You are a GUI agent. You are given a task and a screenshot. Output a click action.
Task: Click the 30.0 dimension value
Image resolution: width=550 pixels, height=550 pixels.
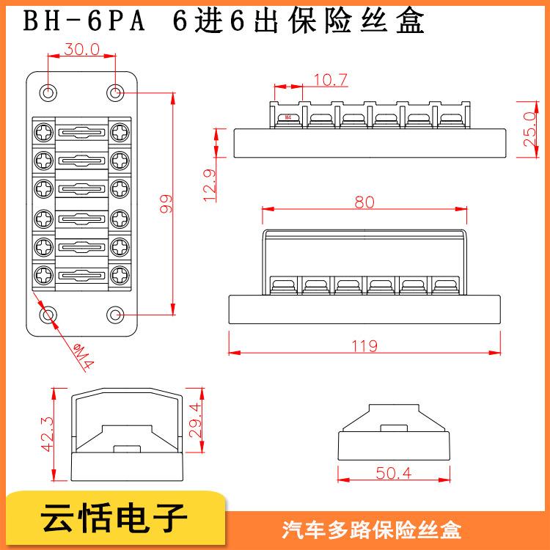click(x=81, y=49)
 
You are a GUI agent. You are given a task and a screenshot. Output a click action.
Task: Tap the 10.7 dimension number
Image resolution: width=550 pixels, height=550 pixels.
click(x=331, y=80)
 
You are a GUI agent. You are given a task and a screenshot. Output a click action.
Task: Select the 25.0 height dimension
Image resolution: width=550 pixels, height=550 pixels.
click(x=529, y=129)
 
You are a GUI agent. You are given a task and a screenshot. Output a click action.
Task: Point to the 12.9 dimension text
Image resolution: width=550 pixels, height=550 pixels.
click(x=210, y=186)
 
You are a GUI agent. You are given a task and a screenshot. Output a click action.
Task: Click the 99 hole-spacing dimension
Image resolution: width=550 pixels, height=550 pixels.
click(x=166, y=203)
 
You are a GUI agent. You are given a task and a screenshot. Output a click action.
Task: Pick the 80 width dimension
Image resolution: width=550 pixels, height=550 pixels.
click(x=364, y=202)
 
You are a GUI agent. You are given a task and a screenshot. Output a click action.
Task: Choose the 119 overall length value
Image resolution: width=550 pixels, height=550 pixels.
click(x=364, y=346)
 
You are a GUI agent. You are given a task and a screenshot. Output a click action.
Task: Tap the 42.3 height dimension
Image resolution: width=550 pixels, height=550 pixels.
click(x=47, y=434)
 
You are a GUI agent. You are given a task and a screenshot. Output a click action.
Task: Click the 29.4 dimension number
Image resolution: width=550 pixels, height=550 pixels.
click(x=195, y=420)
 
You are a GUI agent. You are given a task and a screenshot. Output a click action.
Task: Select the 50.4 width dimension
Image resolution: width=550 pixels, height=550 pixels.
click(x=393, y=473)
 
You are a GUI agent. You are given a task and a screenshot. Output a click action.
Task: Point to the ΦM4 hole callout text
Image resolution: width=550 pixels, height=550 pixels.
click(x=84, y=356)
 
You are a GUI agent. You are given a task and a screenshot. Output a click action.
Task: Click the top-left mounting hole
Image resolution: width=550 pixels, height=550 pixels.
click(x=48, y=93)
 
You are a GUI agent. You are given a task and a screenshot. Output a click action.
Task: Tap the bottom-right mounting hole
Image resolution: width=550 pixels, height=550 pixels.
click(x=115, y=315)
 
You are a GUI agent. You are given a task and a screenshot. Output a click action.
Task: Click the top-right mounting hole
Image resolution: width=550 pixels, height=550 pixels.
click(x=115, y=93)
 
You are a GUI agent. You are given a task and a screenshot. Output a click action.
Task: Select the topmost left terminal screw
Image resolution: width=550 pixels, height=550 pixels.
click(x=44, y=132)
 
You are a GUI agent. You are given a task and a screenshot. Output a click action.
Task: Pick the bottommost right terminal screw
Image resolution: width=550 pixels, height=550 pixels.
click(x=120, y=275)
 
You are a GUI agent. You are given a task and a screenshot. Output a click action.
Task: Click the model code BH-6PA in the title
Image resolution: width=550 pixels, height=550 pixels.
click(x=84, y=21)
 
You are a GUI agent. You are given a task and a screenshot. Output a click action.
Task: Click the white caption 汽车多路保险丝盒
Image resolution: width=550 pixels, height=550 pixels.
click(x=372, y=530)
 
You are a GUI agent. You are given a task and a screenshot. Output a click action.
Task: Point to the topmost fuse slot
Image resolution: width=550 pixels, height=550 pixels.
click(x=81, y=133)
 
